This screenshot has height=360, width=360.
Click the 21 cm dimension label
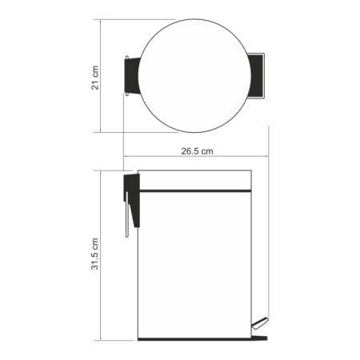[x=95, y=78]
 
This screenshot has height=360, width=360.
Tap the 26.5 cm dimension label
[x=197, y=151]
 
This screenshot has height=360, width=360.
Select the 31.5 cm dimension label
[x=95, y=254]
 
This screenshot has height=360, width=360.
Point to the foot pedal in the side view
[x=260, y=323]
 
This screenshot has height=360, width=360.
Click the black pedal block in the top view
[x=255, y=76]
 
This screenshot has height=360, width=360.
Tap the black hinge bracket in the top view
[x=132, y=76]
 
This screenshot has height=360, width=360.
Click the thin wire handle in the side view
[x=127, y=214]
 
